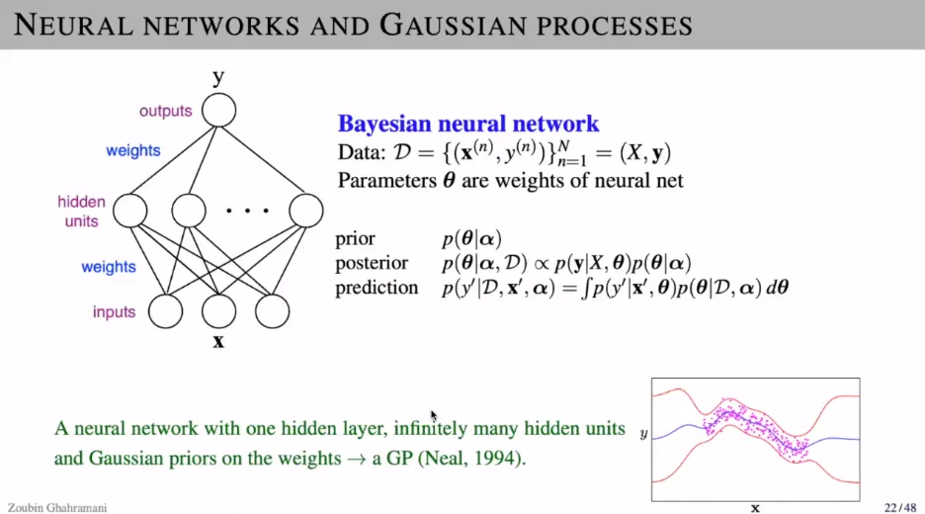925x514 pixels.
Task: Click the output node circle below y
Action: point(218,111)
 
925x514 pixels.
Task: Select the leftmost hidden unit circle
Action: point(129,211)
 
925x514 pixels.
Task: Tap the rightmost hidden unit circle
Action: point(306,211)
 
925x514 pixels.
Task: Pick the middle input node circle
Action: point(218,311)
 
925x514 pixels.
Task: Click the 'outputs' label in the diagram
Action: point(166,111)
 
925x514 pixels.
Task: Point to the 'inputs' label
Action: point(114,311)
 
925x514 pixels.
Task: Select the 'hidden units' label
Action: point(81,212)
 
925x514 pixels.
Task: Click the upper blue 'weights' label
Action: point(133,150)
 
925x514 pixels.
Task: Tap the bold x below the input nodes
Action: point(218,341)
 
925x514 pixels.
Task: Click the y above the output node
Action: point(218,76)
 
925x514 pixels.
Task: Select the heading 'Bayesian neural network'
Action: point(468,124)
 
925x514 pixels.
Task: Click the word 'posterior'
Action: point(372,263)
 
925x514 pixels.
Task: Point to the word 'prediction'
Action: point(377,288)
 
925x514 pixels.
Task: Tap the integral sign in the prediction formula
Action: point(585,288)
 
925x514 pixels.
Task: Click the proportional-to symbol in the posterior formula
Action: point(541,263)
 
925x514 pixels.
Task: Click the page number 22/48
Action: point(900,507)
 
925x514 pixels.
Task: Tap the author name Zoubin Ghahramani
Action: point(57,507)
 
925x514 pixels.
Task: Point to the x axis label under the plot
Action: point(755,508)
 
